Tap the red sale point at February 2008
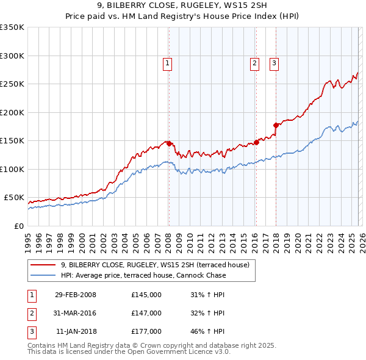point(169,143)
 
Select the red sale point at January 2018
point(276,125)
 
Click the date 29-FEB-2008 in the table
point(76,295)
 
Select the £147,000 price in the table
point(146,313)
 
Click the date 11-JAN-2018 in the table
point(76,331)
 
